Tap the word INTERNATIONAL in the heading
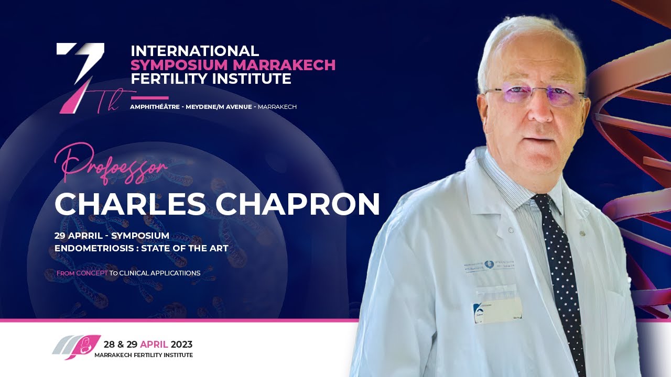[194, 51]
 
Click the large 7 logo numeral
[81, 76]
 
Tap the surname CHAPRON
[298, 205]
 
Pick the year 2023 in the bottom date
[181, 345]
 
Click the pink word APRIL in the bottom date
[154, 345]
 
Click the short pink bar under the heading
[149, 97]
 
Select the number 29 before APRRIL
[61, 236]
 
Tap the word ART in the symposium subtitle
[219, 248]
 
